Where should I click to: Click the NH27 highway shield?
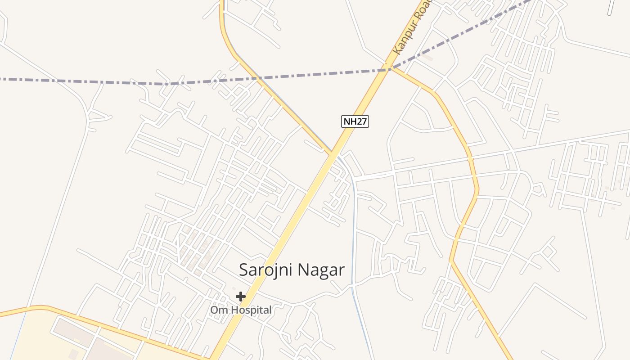click(355, 121)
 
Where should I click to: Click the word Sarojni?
click(262, 270)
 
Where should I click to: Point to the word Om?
click(217, 310)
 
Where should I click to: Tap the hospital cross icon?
click(241, 297)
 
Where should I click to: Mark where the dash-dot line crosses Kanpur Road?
click(387, 69)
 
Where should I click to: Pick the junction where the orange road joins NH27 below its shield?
click(333, 154)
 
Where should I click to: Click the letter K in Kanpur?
click(396, 50)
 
